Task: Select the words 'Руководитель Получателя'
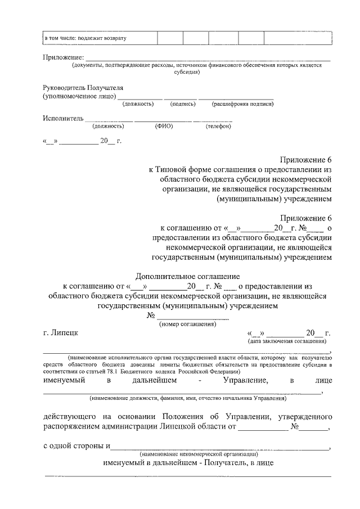pyautogui.click(x=83, y=88)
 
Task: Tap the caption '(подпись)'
pyautogui.click(x=183, y=104)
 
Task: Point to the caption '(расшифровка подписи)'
pyautogui.click(x=243, y=104)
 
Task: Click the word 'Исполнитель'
pyautogui.click(x=63, y=119)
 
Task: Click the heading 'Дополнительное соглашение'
pyautogui.click(x=188, y=276)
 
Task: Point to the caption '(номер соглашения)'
pyautogui.click(x=188, y=325)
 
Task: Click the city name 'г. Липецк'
pyautogui.click(x=61, y=332)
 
